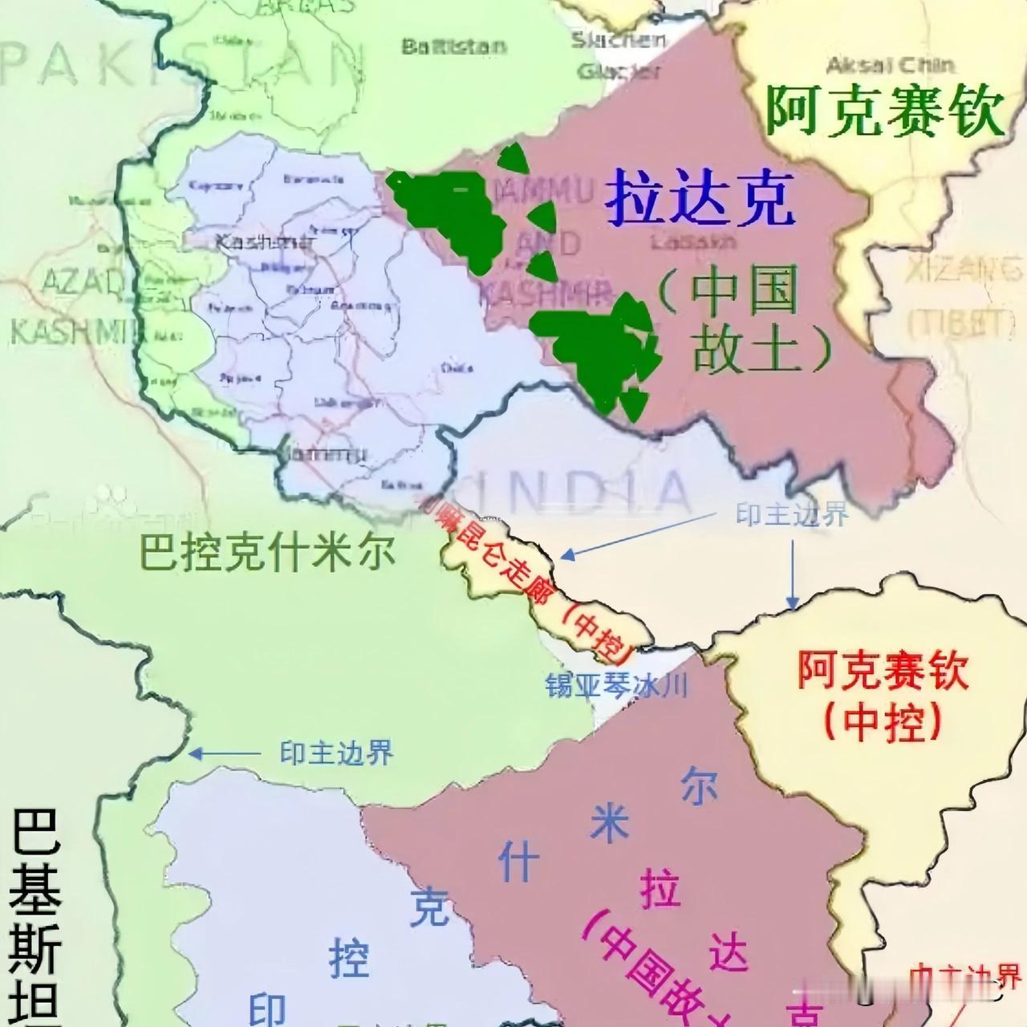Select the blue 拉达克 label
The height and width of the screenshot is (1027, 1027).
[700, 200]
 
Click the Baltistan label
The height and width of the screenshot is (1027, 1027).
[454, 47]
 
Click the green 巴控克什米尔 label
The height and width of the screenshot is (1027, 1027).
[268, 553]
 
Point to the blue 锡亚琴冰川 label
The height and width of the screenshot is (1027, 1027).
[617, 686]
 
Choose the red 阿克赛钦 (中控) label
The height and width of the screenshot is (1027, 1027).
[883, 695]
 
